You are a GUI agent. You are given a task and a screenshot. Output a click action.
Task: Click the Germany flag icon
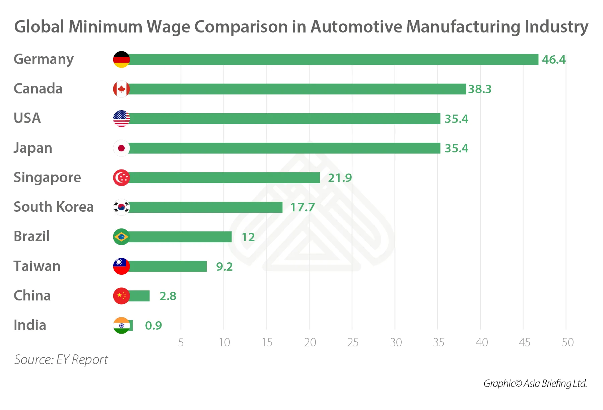tap(121, 60)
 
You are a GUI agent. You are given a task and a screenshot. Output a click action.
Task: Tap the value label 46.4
tap(553, 60)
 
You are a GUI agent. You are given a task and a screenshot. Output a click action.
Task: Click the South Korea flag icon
tap(121, 207)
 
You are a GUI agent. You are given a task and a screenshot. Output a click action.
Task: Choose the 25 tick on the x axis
tap(353, 342)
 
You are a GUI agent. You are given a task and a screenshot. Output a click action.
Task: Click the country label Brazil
tap(32, 236)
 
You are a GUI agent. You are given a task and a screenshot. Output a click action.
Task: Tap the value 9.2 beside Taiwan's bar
tap(224, 267)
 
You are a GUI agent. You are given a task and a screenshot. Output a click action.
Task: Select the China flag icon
tap(121, 296)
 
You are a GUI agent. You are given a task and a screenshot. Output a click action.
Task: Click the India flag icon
tap(121, 326)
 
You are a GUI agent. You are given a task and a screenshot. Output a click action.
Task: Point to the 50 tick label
tap(567, 342)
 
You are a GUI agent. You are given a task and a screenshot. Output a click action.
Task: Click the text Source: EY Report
tap(61, 360)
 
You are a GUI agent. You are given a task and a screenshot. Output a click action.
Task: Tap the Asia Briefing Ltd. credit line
tap(535, 384)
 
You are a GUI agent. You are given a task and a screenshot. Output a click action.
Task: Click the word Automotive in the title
tap(356, 27)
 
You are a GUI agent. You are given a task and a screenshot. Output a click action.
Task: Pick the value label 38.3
tap(480, 89)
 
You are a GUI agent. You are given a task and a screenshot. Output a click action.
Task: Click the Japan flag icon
tap(121, 148)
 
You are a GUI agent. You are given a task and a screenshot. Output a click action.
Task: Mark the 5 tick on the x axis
tap(181, 342)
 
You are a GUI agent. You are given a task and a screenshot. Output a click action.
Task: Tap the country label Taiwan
tap(37, 266)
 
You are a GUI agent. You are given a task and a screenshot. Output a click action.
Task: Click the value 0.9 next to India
tap(153, 326)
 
